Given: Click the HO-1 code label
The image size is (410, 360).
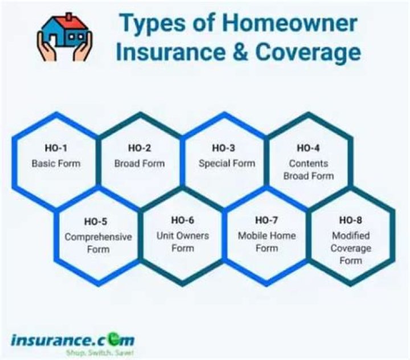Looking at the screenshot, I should [x=56, y=148].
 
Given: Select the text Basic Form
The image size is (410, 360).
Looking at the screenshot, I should [x=56, y=163].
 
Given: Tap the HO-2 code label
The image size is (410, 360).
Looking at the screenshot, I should [x=140, y=148].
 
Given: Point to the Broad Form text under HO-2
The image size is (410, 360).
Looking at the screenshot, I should [x=140, y=163].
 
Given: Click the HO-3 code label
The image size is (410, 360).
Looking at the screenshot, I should [x=224, y=148].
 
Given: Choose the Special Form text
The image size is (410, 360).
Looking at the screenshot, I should [x=227, y=163].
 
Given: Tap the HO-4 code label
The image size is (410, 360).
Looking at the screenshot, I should [x=308, y=148].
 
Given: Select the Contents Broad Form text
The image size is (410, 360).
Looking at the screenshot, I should [x=308, y=170].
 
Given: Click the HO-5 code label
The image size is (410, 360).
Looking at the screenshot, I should [x=98, y=221].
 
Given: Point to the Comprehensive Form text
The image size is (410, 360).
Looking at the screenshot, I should [x=98, y=242].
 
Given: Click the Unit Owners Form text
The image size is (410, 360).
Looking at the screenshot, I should [x=183, y=242].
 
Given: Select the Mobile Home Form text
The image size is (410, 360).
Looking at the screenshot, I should [x=266, y=242].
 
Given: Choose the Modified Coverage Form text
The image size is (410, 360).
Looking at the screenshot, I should [x=351, y=248].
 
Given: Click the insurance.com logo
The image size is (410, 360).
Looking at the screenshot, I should [x=72, y=340].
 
